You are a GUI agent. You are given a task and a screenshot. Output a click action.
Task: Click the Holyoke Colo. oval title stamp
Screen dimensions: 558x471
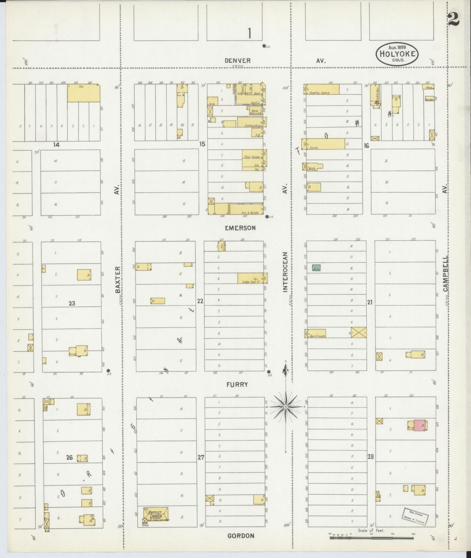tap(397, 54)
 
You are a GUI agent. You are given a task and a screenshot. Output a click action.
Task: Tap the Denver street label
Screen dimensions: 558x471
tap(238, 61)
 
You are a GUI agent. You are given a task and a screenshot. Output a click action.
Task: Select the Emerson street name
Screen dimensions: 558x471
tap(240, 228)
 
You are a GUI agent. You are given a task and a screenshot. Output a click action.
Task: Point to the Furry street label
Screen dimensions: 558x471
tap(237, 384)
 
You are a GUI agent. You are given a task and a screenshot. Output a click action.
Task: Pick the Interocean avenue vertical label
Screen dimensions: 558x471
tap(286, 272)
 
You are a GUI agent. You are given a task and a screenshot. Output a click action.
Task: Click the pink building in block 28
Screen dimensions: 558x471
tap(419, 425)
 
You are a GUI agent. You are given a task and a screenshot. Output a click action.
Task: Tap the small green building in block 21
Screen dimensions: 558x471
tap(316, 268)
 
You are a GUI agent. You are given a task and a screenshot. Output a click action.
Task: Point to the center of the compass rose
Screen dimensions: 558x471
tap(286, 407)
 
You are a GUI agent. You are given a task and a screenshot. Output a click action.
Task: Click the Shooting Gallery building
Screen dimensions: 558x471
tap(322, 90)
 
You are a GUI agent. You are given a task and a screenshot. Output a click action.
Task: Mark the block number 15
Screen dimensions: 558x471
tap(202, 144)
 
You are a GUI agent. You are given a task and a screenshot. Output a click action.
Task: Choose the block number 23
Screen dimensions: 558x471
tap(72, 303)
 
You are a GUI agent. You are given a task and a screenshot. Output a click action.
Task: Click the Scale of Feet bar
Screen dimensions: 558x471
tap(372, 538)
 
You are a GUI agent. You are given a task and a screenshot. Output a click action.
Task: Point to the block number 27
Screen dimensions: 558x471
tap(201, 457)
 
